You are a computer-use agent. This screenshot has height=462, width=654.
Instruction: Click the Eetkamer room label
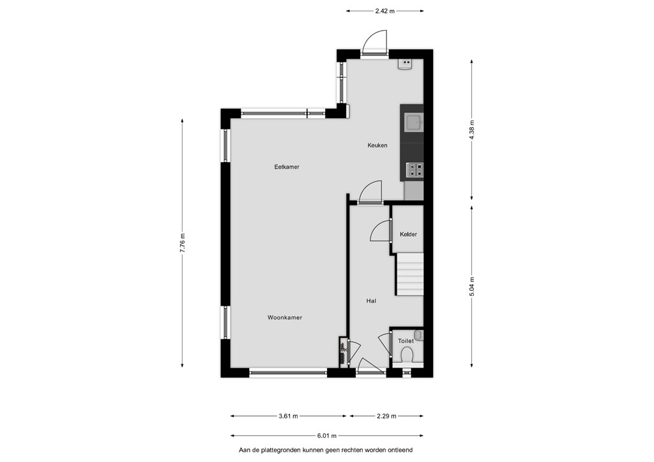point(287,167)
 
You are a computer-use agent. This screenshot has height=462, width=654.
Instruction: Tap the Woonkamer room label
point(284,317)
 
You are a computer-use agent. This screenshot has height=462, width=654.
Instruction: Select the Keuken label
point(377,145)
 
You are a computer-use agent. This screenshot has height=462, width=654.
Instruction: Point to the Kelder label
point(408,234)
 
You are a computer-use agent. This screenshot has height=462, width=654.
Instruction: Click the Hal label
point(371,301)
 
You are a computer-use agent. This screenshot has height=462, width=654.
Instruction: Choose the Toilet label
point(406,341)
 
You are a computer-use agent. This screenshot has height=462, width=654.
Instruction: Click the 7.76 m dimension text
point(182,243)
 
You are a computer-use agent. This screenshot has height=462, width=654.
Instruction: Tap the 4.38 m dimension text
point(472,130)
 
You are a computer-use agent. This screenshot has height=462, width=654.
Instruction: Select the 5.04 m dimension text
point(472,287)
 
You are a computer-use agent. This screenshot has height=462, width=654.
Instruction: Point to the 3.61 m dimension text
point(288,416)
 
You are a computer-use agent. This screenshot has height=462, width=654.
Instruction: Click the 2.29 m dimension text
point(386,416)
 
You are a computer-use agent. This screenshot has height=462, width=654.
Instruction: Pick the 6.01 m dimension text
point(326,436)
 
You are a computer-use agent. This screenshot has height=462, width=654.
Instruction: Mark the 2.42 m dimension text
point(384,11)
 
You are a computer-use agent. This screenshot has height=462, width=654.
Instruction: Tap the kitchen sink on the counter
point(414,123)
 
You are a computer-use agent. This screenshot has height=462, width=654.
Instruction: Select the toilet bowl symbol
point(406,355)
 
